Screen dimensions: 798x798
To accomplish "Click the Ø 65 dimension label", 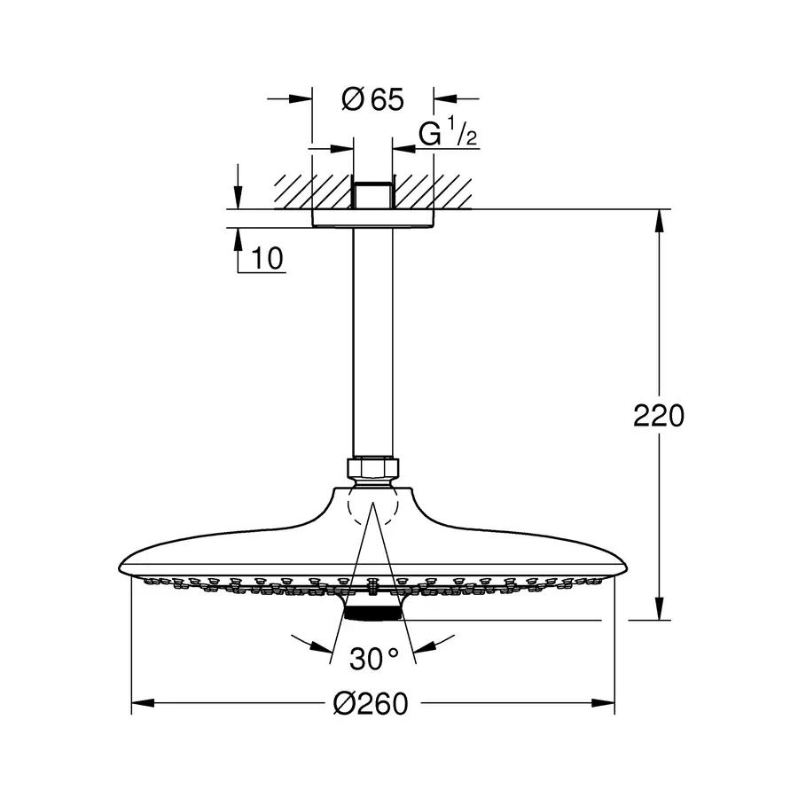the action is (x=372, y=99).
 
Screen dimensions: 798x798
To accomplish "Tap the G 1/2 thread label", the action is (x=448, y=132).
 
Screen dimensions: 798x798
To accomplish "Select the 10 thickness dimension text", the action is (x=267, y=259).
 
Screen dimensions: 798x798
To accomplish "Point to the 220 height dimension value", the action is (x=659, y=416).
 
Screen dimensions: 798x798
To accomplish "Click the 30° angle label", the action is (x=374, y=659).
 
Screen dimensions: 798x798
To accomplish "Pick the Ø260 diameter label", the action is (x=371, y=704).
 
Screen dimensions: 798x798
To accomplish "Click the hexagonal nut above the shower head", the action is (x=373, y=468).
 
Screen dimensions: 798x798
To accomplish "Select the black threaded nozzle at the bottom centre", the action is (x=373, y=614).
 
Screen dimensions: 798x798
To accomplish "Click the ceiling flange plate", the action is (x=372, y=218).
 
